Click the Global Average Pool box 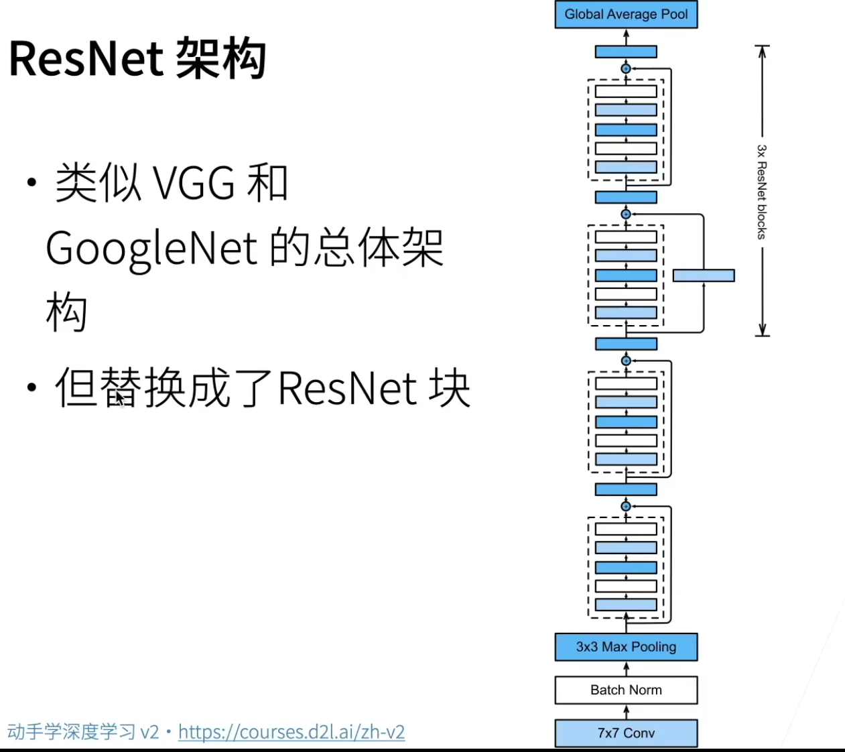(626, 14)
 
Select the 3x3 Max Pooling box (626, 647)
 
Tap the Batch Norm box (626, 690)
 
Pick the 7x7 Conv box (626, 733)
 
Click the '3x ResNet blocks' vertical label (761, 192)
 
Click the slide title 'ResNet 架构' (137, 59)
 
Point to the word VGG (194, 183)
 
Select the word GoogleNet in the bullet (151, 248)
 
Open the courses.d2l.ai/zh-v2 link (291, 731)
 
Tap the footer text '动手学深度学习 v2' (83, 731)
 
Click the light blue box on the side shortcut (704, 275)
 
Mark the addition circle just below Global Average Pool (626, 68)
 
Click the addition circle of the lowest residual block (626, 506)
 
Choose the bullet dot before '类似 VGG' (31, 183)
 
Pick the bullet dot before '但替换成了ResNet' (31, 387)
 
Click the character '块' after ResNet (450, 387)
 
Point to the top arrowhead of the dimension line (762, 51)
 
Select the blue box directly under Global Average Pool (626, 52)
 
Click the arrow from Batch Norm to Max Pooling (627, 669)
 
